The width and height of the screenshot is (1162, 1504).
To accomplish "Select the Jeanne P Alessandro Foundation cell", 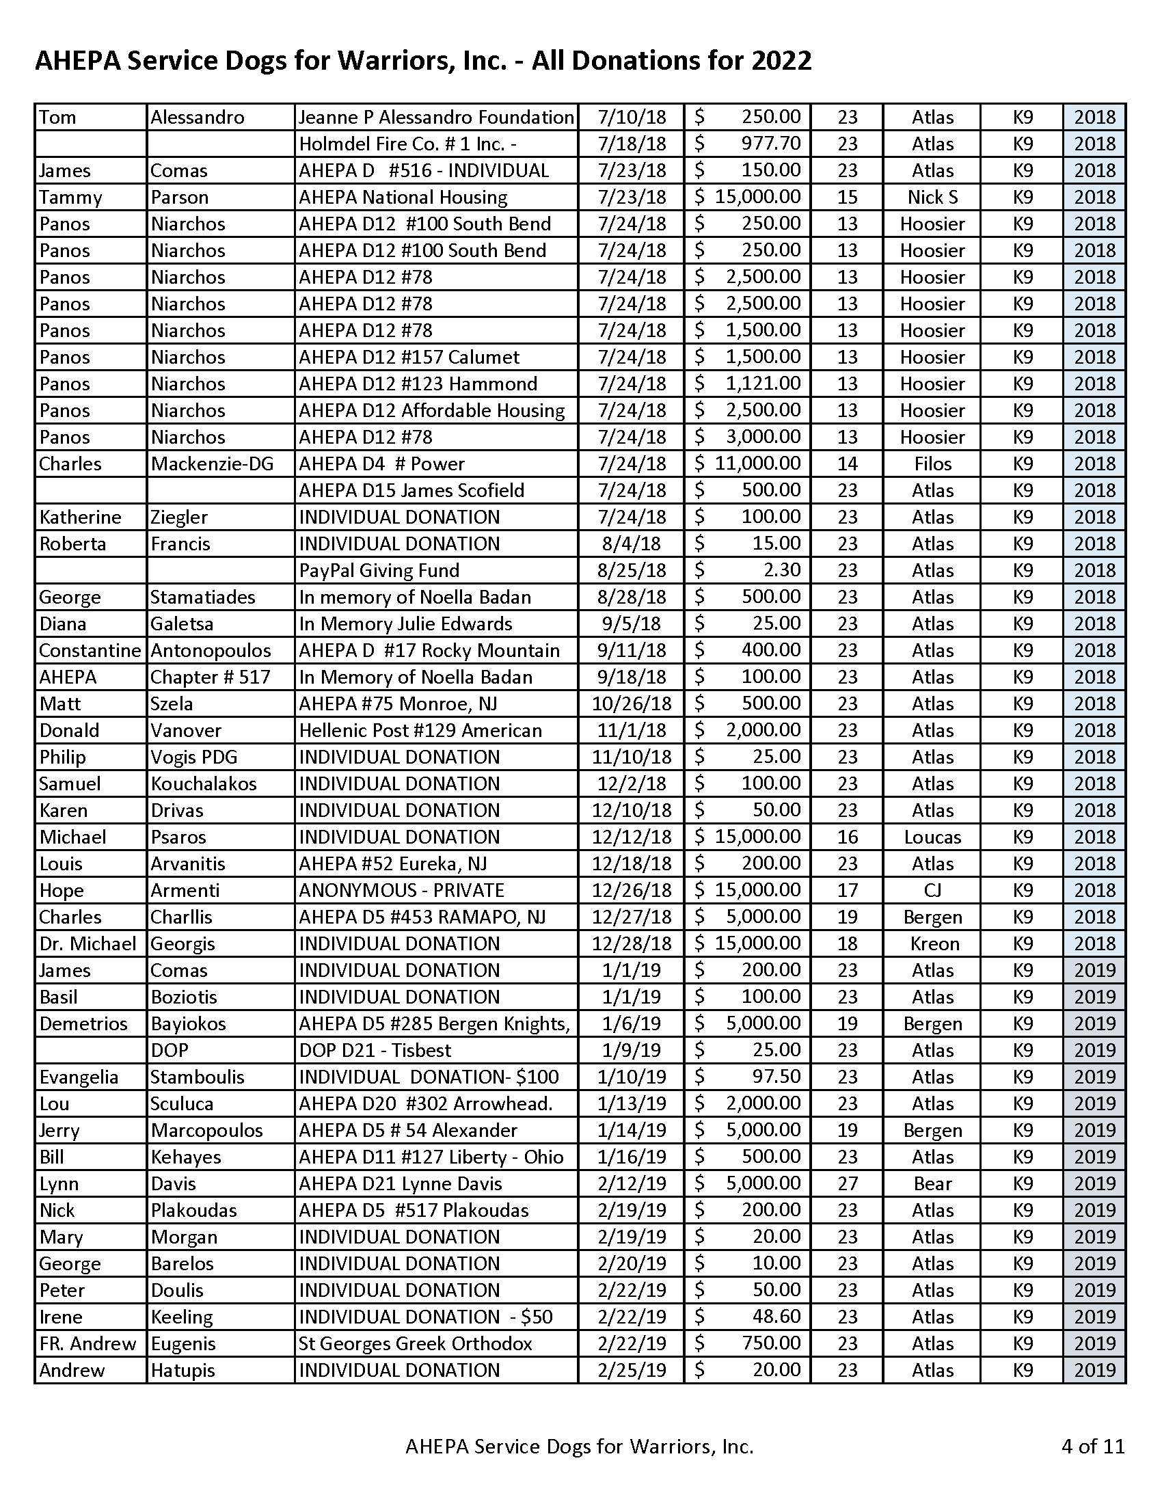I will pyautogui.click(x=436, y=117).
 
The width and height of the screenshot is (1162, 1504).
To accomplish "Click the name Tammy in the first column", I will pyautogui.click(x=70, y=197).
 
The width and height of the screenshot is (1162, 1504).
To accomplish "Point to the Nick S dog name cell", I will pyautogui.click(x=932, y=197).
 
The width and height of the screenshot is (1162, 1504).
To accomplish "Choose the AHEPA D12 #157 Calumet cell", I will pyautogui.click(x=409, y=357).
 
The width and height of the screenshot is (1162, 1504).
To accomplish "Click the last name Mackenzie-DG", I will pyautogui.click(x=212, y=464).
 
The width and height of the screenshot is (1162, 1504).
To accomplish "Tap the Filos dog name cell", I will pyautogui.click(x=932, y=464).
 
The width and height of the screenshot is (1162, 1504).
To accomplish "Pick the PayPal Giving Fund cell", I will pyautogui.click(x=379, y=570).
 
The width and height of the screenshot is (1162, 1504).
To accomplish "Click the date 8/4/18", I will pyautogui.click(x=631, y=543).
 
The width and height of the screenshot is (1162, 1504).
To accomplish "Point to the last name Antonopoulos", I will pyautogui.click(x=211, y=650).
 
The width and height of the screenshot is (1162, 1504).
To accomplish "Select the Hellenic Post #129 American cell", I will pyautogui.click(x=420, y=730).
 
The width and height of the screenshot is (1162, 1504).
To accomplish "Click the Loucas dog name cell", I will pyautogui.click(x=932, y=837).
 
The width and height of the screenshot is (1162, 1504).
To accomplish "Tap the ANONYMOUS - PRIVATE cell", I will pyautogui.click(x=401, y=889).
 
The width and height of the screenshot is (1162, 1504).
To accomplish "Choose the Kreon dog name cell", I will pyautogui.click(x=934, y=943).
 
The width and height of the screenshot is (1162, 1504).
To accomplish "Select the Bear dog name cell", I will pyautogui.click(x=932, y=1183).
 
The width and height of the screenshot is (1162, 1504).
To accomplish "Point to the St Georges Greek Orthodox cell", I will pyautogui.click(x=415, y=1343).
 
